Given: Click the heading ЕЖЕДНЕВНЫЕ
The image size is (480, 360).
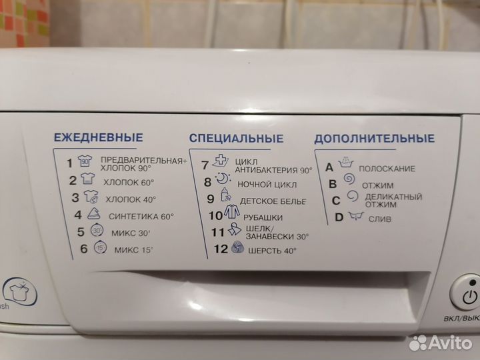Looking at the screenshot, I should [x=98, y=138].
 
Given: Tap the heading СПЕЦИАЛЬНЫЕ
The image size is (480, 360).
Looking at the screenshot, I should [x=236, y=139].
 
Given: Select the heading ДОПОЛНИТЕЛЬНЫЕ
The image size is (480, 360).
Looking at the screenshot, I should [x=374, y=139].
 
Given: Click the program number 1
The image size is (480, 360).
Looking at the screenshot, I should [x=69, y=162].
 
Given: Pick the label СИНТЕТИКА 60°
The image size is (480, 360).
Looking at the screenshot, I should [x=141, y=216].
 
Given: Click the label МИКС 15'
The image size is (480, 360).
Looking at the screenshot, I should [x=131, y=250].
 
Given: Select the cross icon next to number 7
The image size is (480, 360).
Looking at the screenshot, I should [x=221, y=163].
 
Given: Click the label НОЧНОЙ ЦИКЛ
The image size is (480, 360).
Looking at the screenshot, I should [x=267, y=183].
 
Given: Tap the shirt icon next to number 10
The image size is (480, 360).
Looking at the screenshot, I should [x=231, y=215].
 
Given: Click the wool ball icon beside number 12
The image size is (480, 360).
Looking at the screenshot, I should [x=237, y=249].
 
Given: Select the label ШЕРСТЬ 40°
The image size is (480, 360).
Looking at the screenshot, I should [x=272, y=251].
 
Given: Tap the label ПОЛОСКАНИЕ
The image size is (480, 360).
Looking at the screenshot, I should [x=387, y=169].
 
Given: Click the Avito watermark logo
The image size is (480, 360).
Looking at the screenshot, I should [x=440, y=343].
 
